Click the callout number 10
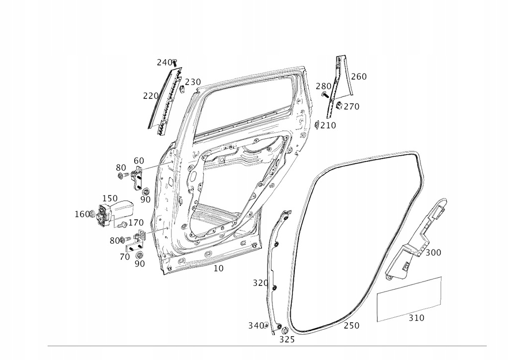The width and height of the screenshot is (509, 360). [x=219, y=269]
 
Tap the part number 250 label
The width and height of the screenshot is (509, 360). [x=351, y=326]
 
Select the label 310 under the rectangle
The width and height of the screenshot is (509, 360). [x=417, y=318]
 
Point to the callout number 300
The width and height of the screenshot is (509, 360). [x=433, y=253]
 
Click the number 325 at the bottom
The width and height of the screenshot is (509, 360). [x=287, y=340]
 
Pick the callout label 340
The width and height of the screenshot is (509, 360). [x=256, y=326]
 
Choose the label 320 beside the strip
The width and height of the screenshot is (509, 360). [x=260, y=283]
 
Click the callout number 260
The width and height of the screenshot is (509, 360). [x=358, y=77]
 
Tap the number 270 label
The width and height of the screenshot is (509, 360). [x=351, y=107]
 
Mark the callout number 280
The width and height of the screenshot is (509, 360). [x=324, y=87]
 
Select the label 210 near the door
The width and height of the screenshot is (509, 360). [x=328, y=125]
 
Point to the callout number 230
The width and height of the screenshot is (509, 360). [x=193, y=82]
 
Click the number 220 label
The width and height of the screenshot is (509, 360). [x=151, y=96]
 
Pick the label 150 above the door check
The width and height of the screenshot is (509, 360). [x=110, y=199]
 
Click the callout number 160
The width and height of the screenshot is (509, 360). [x=82, y=214]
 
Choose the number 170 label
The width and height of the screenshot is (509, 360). [x=136, y=223]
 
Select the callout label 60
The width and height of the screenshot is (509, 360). [x=139, y=161]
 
